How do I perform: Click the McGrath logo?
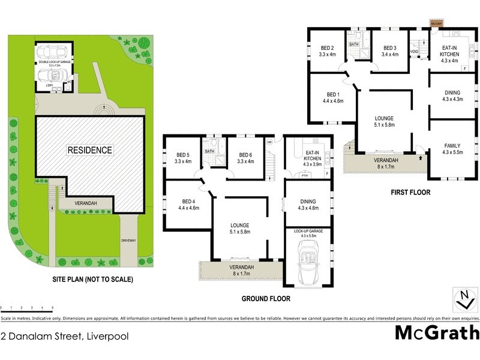pyautogui.click(x=437, y=332)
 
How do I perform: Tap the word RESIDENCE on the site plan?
pyautogui.click(x=89, y=150)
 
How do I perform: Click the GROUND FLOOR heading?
pyautogui.click(x=266, y=298)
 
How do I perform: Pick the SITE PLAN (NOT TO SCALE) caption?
pyautogui.click(x=92, y=280)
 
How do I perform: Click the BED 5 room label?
pyautogui.click(x=182, y=158)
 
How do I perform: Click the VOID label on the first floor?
pyautogui.click(x=414, y=52)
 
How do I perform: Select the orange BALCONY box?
pyautogui.click(x=436, y=23)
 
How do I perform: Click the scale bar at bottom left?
pyautogui.click(x=27, y=308)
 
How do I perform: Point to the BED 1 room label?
pyautogui.click(x=333, y=98)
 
